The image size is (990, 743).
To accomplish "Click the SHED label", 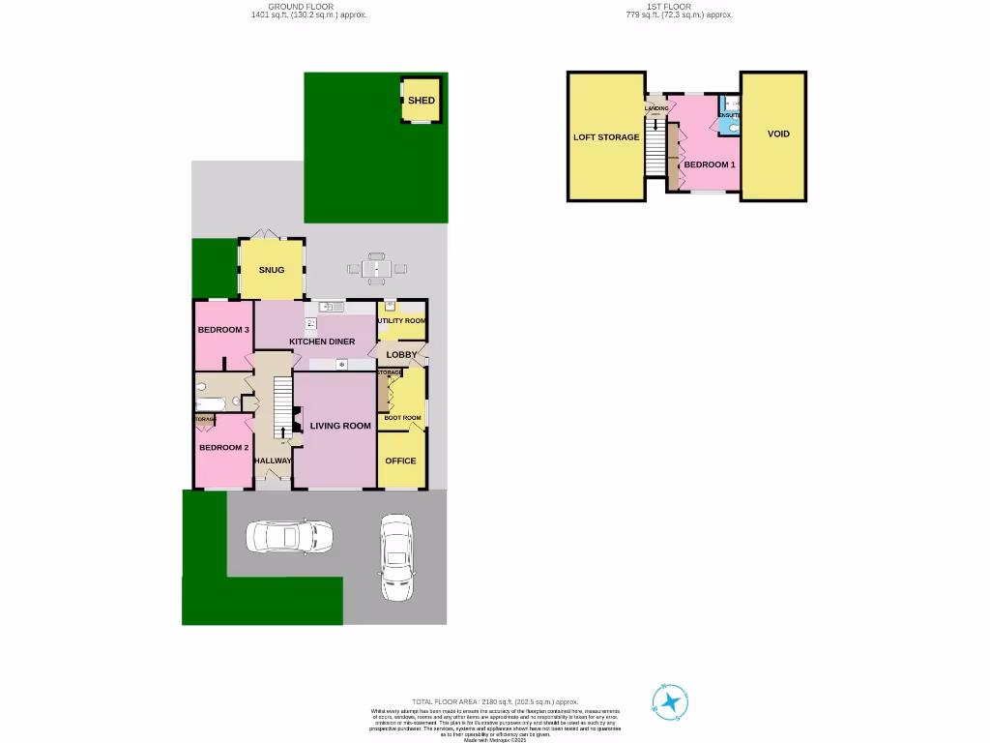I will (x=421, y=101).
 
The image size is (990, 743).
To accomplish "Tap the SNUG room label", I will (x=272, y=270).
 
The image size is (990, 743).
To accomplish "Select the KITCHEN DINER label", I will (x=322, y=342).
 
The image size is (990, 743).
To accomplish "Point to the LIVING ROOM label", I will (x=340, y=426).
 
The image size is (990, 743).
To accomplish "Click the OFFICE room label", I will (x=400, y=461).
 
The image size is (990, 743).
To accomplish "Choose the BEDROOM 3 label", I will (x=223, y=330).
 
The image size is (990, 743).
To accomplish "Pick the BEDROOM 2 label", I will (x=223, y=448).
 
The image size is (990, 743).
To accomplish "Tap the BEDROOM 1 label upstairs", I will (x=710, y=164).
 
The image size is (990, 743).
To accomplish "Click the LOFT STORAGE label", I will (x=606, y=137).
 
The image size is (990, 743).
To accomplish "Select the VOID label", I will (x=778, y=134).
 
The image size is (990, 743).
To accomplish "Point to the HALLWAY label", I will (x=272, y=461).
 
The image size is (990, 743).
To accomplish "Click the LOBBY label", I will (x=401, y=355).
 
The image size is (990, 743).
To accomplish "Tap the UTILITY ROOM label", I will (x=401, y=320).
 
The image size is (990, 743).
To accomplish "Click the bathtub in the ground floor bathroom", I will (x=213, y=401).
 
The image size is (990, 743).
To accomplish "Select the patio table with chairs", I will (x=376, y=267).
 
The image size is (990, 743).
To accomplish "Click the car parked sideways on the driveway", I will (x=289, y=536).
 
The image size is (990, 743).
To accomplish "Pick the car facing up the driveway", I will (x=396, y=556).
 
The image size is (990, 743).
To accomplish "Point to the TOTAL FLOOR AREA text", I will (x=494, y=701).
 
